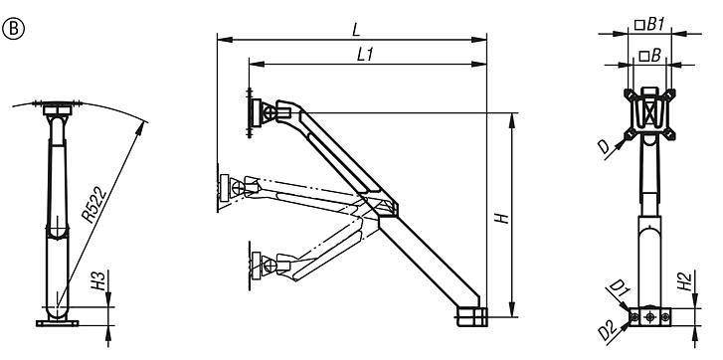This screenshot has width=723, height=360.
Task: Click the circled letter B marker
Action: pos(13,29)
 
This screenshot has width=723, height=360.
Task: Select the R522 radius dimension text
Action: pos(94,205)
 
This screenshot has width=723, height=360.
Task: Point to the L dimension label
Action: pos(355,31)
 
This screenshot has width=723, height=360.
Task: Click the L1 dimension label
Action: pos(364,55)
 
